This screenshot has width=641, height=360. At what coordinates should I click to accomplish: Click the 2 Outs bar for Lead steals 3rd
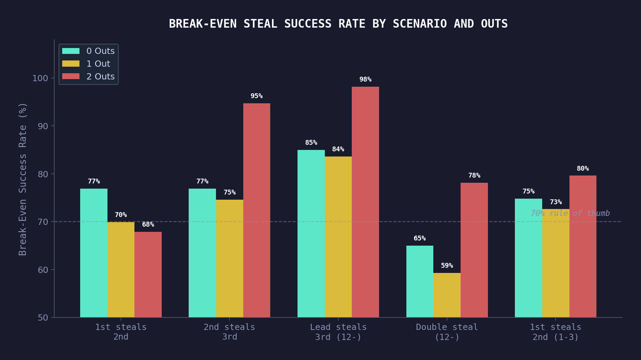(x=365, y=202)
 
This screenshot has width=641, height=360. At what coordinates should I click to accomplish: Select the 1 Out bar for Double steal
(x=447, y=295)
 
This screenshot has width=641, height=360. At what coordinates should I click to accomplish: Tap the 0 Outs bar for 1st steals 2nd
(x=94, y=253)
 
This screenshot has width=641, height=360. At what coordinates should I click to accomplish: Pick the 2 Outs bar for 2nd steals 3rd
(x=256, y=210)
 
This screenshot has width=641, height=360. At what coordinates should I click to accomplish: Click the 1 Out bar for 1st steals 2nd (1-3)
(x=556, y=263)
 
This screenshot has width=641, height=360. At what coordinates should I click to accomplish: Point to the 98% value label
(x=365, y=79)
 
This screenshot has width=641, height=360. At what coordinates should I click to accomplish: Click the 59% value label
(x=447, y=266)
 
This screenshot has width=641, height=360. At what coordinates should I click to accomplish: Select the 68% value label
(x=148, y=225)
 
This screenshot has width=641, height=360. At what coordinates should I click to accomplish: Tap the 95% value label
(x=256, y=96)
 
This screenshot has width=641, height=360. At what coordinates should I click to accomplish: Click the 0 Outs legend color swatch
(x=71, y=51)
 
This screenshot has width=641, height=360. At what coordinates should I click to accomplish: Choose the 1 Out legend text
(x=98, y=64)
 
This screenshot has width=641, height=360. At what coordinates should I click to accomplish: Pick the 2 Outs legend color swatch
(x=71, y=76)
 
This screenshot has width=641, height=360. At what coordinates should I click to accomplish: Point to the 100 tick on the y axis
(x=40, y=78)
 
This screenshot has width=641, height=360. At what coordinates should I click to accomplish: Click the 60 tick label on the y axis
(x=43, y=270)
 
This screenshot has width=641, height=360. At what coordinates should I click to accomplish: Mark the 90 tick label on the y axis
(x=43, y=126)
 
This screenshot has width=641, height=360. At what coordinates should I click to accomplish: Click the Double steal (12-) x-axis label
(x=447, y=332)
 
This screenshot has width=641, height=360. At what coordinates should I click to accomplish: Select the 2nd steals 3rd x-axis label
(x=229, y=332)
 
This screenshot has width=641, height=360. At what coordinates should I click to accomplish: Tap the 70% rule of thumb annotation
(x=570, y=214)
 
